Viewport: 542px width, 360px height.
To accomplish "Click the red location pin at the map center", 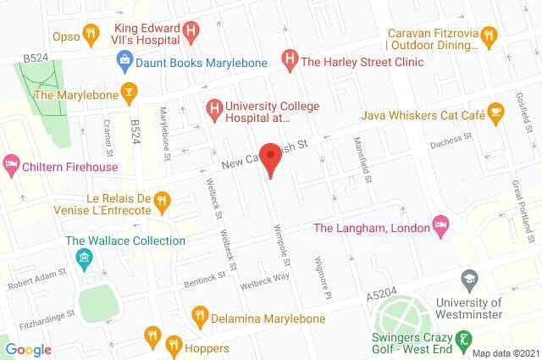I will (270, 158).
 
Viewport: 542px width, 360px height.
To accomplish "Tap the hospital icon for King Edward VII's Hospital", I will (191, 33).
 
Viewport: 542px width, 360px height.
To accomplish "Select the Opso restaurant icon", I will (91, 35).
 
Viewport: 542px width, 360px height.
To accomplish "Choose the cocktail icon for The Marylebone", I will (129, 92).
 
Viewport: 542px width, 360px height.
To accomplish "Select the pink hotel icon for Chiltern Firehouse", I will (11, 163).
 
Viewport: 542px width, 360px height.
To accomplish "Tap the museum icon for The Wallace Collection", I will (84, 257).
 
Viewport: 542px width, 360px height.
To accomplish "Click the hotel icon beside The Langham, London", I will (440, 225).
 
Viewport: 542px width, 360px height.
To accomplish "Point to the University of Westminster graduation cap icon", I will (469, 279).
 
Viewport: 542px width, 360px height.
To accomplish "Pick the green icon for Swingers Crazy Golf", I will (463, 341).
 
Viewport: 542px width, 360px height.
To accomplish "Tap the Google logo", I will (28, 349).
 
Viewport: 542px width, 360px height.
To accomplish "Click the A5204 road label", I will (380, 296).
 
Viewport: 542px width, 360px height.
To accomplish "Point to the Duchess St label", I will (450, 139).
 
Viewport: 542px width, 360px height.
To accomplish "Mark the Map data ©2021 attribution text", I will (505, 353).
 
